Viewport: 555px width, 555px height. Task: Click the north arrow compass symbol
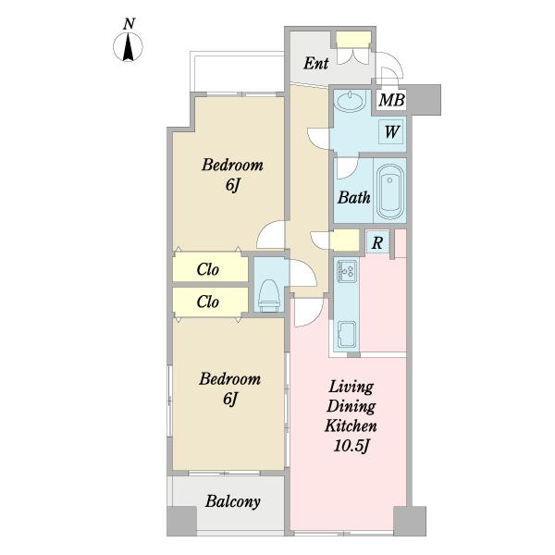tap(129, 46)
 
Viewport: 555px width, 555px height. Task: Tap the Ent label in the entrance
tap(316, 64)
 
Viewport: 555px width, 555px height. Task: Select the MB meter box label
tap(391, 100)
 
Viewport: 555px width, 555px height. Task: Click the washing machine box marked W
tap(391, 131)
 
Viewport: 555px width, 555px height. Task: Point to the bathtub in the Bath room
tap(389, 191)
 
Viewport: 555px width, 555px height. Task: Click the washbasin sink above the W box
tap(350, 101)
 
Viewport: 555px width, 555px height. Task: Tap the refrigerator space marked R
tap(377, 242)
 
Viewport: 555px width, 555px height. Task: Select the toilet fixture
tap(269, 296)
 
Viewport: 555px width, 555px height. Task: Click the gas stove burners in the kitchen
tap(347, 271)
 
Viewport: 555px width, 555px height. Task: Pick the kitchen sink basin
tap(347, 335)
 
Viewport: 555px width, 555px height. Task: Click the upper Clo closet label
tap(208, 269)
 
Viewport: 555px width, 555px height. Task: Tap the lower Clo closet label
tap(208, 302)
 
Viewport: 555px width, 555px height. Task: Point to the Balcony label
tap(233, 501)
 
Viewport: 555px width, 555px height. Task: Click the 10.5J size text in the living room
tap(351, 446)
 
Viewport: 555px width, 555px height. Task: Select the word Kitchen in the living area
tap(351, 425)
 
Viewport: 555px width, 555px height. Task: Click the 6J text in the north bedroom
tap(232, 185)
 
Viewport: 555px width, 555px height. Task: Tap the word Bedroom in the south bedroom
tap(229, 378)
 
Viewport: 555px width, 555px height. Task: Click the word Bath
tap(353, 197)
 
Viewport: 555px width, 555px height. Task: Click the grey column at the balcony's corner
tap(181, 521)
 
